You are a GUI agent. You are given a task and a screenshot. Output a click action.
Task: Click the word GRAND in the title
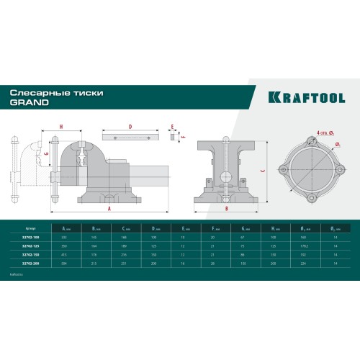29,102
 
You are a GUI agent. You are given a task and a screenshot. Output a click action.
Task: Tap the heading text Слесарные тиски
44,93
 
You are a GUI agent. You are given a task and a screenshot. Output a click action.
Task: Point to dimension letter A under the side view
108,208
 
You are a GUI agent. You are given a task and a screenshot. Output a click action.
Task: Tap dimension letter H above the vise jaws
61,127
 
